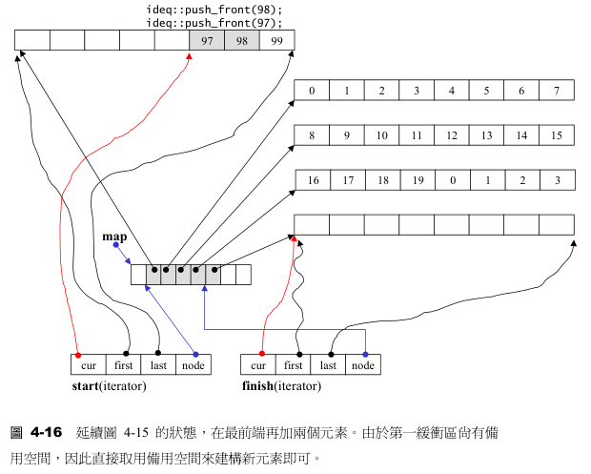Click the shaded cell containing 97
click(207, 40)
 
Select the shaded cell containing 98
click(242, 40)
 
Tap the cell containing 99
click(276, 40)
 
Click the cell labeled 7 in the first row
click(556, 91)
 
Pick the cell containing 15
click(556, 135)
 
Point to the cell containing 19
click(416, 180)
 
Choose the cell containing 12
click(451, 135)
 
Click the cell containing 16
click(312, 180)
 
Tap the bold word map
click(114, 235)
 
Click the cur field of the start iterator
click(89, 364)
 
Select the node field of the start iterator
click(194, 364)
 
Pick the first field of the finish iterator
click(294, 364)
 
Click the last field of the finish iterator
click(328, 364)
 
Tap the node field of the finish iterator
click(363, 364)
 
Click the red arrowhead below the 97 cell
click(189, 57)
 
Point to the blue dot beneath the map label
click(115, 245)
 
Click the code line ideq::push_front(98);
click(214, 10)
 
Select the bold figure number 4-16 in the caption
click(46, 432)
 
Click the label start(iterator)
click(110, 386)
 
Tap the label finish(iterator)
click(282, 386)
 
